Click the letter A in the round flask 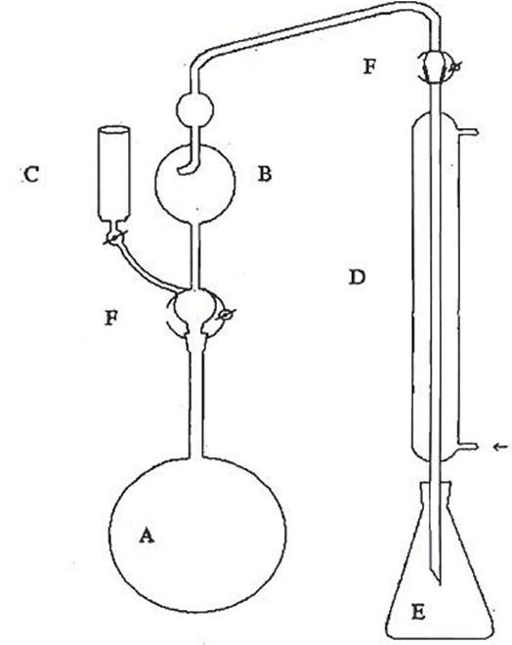(147, 536)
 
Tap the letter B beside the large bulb (265, 174)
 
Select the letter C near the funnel (31, 174)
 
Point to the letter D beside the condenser (357, 278)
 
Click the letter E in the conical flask (418, 613)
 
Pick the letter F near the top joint (369, 66)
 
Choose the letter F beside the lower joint (111, 318)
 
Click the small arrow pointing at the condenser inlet (500, 447)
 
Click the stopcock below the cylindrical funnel (114, 237)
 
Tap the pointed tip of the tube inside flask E (439, 584)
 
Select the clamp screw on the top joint (454, 67)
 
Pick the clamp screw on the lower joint (226, 315)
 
